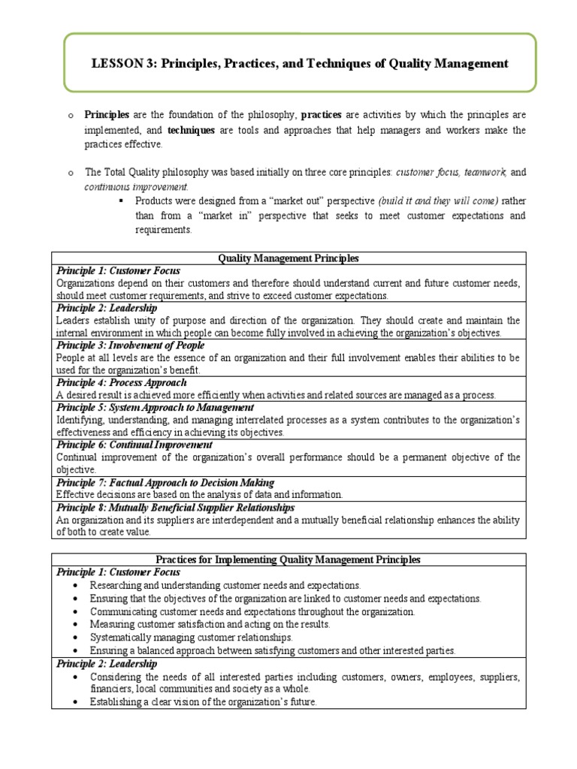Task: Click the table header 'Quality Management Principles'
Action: (x=288, y=258)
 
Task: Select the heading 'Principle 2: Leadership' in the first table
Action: (x=106, y=308)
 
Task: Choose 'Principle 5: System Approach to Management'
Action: (x=150, y=408)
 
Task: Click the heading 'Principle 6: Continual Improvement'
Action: (x=129, y=445)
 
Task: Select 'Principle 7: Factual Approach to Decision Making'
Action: (x=165, y=482)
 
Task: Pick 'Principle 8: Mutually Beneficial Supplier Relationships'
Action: (x=175, y=508)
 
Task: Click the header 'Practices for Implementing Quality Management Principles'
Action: (x=288, y=559)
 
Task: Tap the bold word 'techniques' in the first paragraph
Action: (x=191, y=130)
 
